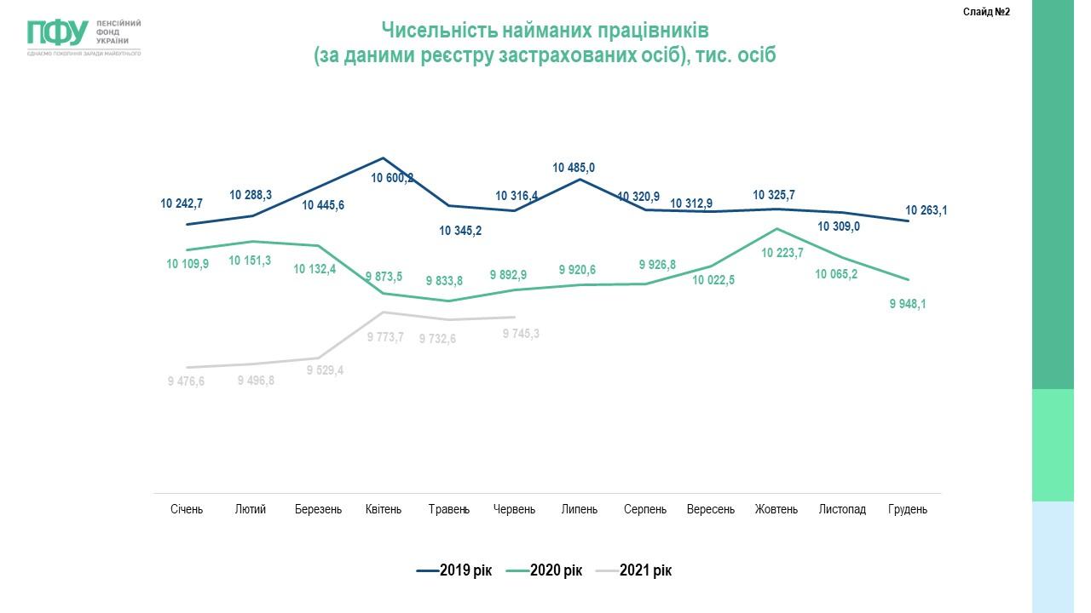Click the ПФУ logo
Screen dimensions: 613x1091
tap(58, 33)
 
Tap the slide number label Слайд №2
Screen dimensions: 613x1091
tap(986, 12)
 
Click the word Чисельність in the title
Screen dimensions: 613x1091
tap(434, 31)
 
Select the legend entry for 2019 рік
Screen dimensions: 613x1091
tap(454, 570)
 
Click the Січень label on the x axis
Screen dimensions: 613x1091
tap(187, 509)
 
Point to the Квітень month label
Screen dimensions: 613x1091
tap(384, 509)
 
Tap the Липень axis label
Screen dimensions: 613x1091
tap(580, 509)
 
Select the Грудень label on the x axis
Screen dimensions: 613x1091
tap(908, 509)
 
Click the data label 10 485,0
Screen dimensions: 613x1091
tap(574, 168)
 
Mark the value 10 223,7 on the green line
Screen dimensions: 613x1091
tap(782, 252)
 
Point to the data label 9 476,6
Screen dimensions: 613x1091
tap(187, 381)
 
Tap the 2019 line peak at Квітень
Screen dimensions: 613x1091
tap(384, 158)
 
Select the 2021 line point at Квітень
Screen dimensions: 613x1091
tap(384, 312)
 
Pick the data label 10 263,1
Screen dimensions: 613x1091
tap(926, 210)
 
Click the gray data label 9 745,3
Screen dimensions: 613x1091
tap(521, 334)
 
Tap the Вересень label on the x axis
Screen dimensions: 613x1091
tap(711, 509)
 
